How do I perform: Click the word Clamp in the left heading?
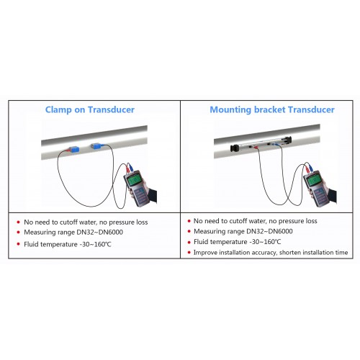click(58, 109)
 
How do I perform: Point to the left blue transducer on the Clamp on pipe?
click(74, 150)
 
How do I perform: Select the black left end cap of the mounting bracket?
click(234, 148)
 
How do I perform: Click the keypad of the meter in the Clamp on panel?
click(140, 196)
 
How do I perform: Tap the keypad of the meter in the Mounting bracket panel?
click(319, 195)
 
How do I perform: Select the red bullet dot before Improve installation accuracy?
click(189, 253)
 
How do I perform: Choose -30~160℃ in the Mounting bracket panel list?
click(265, 242)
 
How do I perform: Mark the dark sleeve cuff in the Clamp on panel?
click(152, 196)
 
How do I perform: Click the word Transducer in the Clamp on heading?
click(111, 109)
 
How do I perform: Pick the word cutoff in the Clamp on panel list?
click(68, 222)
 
